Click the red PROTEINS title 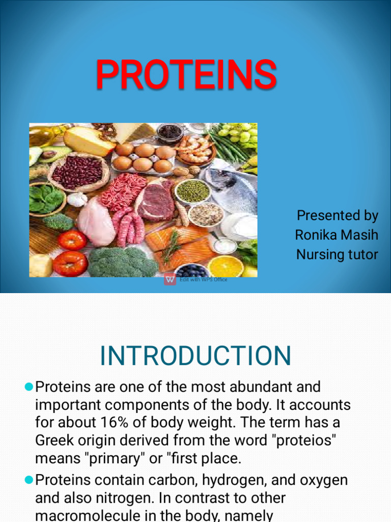point(186,75)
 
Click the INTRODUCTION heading point(195,355)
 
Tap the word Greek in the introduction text point(56,440)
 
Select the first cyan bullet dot point(29,387)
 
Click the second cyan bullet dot point(29,480)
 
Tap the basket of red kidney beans point(77,172)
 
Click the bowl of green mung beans point(192,191)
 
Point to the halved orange point(226,266)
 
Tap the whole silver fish point(232,189)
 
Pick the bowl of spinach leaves point(46,198)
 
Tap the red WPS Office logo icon point(170,279)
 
